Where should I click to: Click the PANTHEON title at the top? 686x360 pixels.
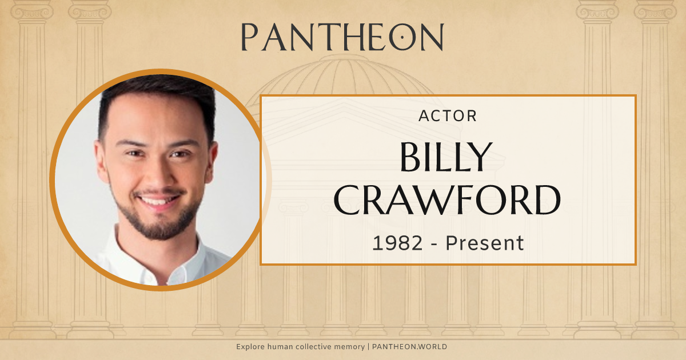342,37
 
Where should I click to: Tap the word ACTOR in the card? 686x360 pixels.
448,116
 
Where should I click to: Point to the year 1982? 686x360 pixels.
398,243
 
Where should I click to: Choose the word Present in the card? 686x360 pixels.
485,243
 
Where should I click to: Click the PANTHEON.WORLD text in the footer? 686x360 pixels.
411,347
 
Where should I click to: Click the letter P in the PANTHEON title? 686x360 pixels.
250,37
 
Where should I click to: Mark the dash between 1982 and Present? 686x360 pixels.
436,243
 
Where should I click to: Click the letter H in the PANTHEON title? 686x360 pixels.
345,37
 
